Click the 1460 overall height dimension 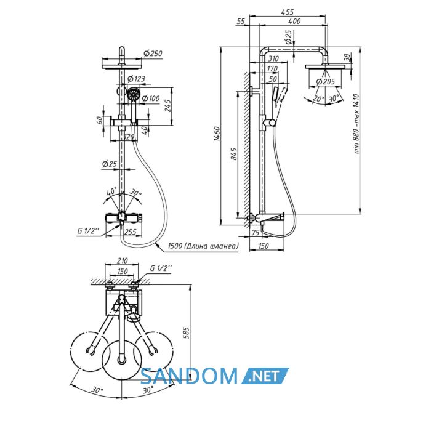point(217,134)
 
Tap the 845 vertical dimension point(233,154)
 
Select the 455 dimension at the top point(288,12)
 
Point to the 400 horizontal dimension point(295,21)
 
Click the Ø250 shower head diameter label point(153,54)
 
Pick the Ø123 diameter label point(136,79)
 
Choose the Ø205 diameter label point(326,82)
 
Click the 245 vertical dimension point(167,105)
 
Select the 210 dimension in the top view point(123,260)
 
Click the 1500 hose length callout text point(203,246)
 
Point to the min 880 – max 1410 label point(356,124)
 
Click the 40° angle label point(112,191)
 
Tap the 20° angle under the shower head point(318,99)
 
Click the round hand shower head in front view point(134,94)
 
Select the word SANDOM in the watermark point(189,376)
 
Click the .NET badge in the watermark point(265,376)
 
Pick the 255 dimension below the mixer point(131,232)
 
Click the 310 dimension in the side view point(273,58)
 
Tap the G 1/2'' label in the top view point(161,268)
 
